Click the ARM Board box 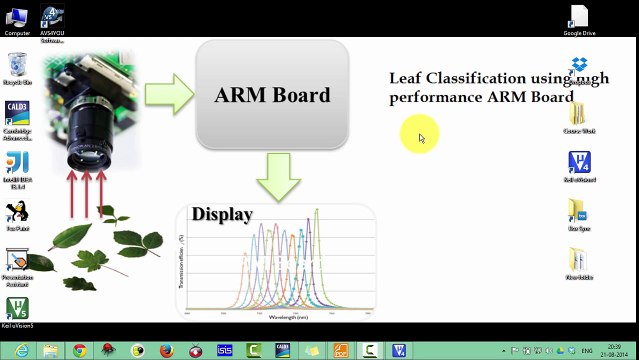272,95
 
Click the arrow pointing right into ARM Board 167,94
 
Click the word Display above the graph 222,214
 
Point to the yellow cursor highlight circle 419,135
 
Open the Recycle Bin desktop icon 17,67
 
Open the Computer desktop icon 17,17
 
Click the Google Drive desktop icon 579,17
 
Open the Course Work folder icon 579,115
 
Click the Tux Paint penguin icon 17,212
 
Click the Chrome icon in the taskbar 79,350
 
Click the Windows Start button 16,350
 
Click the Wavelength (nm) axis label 289,316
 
